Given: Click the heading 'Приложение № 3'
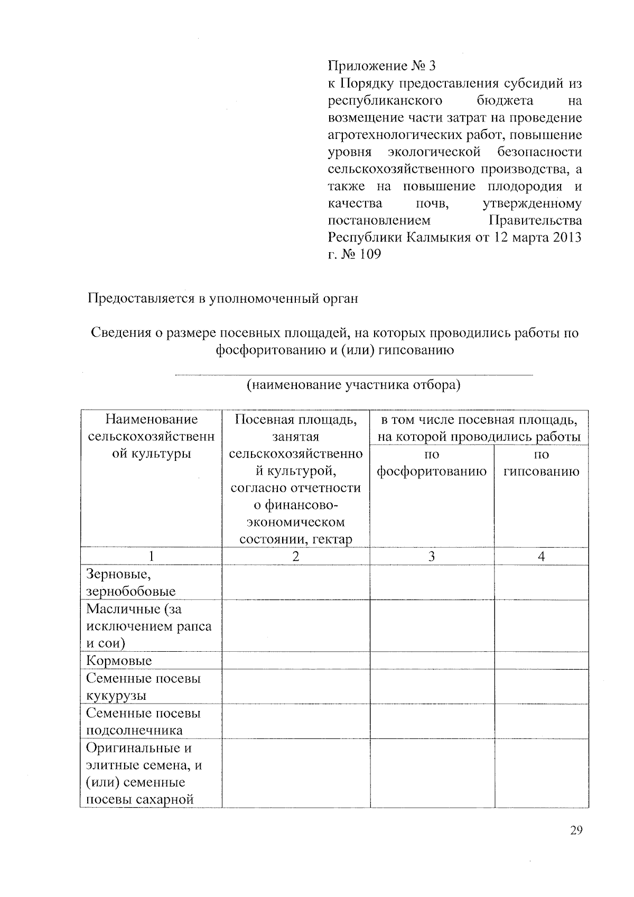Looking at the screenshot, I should (x=383, y=66).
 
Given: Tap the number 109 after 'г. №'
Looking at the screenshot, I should (x=369, y=254).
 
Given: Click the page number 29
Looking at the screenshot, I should (x=576, y=830).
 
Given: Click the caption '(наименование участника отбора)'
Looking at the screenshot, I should (x=353, y=385).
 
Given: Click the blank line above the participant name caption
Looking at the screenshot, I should (x=353, y=375).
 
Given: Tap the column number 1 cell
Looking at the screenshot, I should (x=151, y=556).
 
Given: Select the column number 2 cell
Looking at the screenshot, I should (x=295, y=556).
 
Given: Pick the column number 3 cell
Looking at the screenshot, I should (x=432, y=556).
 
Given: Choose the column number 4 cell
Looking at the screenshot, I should (x=541, y=556).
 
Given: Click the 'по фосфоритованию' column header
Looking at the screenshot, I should (x=432, y=463).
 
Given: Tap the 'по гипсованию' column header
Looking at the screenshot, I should (x=541, y=463).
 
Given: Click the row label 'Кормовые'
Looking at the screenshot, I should (x=119, y=661).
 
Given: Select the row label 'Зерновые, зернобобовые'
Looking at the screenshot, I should (x=130, y=582).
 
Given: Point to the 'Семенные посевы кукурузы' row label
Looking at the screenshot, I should (x=143, y=687).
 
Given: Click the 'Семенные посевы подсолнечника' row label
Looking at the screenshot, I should (x=143, y=722).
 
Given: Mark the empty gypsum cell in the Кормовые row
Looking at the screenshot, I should (x=541, y=661).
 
